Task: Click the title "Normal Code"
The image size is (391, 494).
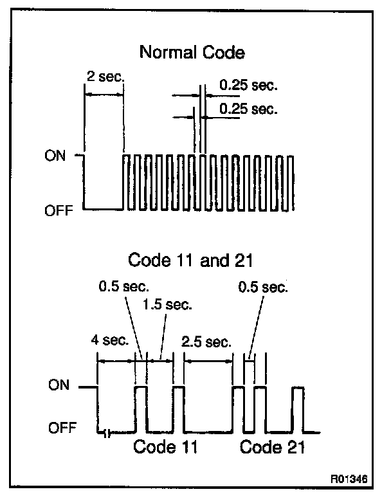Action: pyautogui.click(x=192, y=53)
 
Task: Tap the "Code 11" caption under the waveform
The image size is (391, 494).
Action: pyautogui.click(x=165, y=447)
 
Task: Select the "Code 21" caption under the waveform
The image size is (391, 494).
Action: pyautogui.click(x=272, y=447)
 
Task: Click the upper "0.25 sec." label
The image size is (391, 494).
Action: pyautogui.click(x=248, y=84)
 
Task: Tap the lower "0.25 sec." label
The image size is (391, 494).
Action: pyautogui.click(x=248, y=109)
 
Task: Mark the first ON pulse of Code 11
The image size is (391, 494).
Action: pyautogui.click(x=140, y=408)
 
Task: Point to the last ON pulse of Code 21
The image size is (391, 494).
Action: pyautogui.click(x=298, y=408)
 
